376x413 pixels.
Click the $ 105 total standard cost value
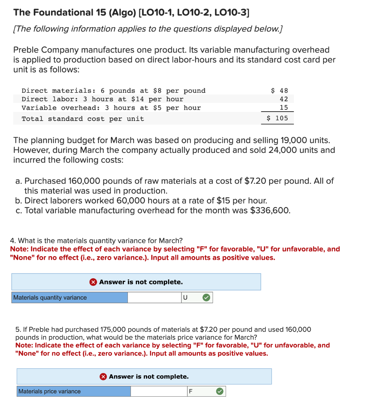(277, 118)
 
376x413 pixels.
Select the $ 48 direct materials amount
(280, 91)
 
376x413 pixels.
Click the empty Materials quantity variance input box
(154, 297)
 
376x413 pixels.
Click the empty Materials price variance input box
(158, 391)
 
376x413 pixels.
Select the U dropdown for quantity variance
(188, 297)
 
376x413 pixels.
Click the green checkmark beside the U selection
(206, 297)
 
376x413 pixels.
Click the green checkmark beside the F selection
(219, 391)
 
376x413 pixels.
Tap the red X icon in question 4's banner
(93, 282)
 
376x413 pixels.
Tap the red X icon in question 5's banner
(103, 377)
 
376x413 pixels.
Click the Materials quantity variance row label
(50, 297)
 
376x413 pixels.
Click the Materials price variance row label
(50, 391)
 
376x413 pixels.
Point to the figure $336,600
(270, 210)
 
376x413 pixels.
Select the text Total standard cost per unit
(83, 119)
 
